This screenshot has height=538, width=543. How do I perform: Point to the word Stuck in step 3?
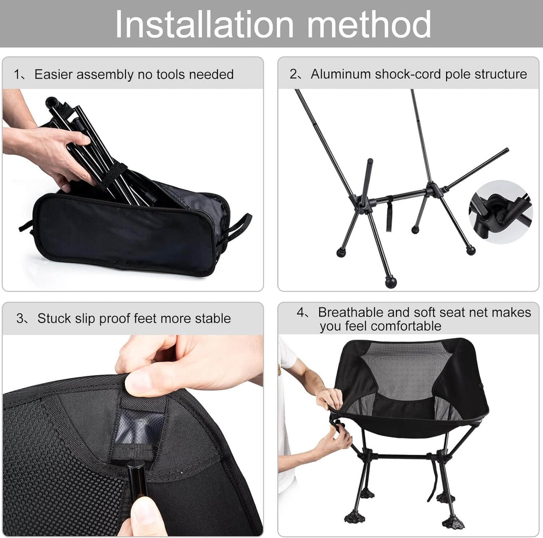tap(54, 319)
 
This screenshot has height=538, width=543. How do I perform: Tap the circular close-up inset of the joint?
tap(501, 212)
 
